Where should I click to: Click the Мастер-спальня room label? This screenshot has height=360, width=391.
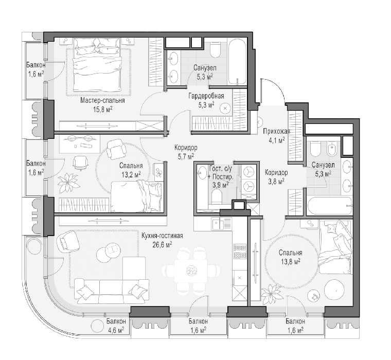coord(102,100)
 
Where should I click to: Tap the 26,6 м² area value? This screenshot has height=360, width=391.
coord(162,245)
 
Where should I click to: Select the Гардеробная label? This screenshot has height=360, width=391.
coord(206,96)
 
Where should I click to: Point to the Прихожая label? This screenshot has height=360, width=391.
coord(277,131)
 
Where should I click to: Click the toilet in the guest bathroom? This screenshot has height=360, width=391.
coord(216,196)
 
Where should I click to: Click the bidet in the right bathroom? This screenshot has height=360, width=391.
coord(331,149)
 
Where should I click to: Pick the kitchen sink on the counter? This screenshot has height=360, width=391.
coord(222,224)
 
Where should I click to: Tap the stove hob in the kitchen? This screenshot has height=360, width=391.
coord(240,251)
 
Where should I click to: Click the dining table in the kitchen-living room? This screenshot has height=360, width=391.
coord(191,271)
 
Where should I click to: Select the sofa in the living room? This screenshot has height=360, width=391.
coord(112,291)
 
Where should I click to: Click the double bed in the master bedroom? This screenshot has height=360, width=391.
coord(97,65)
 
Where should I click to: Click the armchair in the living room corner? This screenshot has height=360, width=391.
coord(68,242)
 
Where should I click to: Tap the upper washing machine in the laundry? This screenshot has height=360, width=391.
coord(249,172)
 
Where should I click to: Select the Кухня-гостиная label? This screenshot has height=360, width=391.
coord(162,236)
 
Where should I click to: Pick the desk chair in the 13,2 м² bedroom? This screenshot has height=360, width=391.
coord(80,163)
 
